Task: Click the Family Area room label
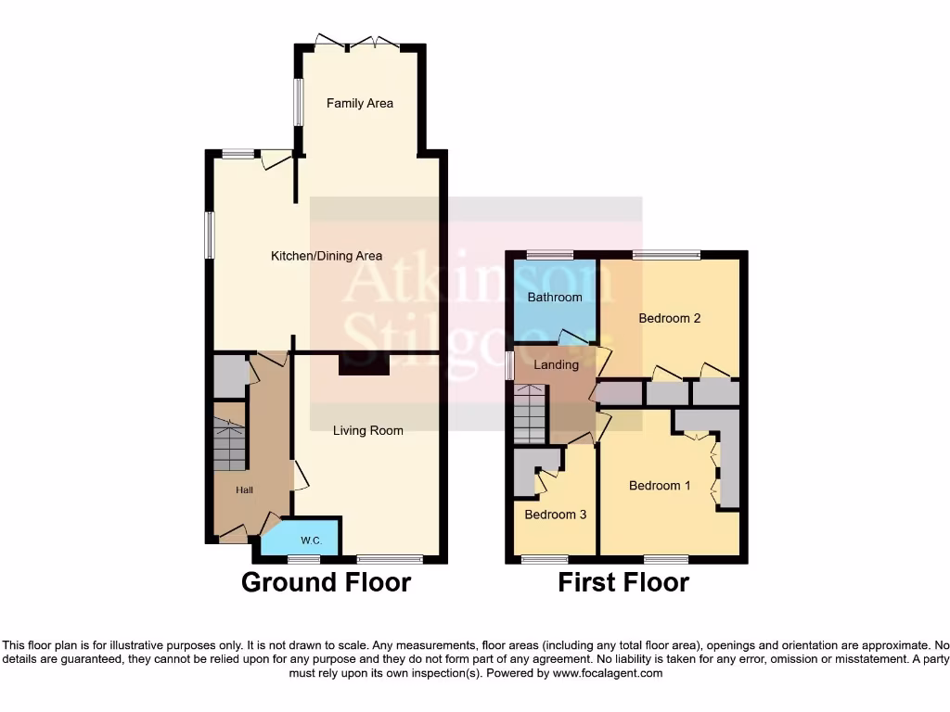359,103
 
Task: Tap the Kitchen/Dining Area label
326,256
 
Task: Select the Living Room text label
368,430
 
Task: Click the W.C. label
310,540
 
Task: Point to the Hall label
244,490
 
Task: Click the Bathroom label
555,298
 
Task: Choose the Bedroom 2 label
669,318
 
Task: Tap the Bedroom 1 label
660,486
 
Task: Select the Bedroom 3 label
555,515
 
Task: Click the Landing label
556,364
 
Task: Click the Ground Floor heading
326,582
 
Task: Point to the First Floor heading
623,582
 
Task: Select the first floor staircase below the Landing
530,414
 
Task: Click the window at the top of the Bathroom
549,254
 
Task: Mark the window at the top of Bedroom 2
667,254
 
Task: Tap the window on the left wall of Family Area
299,101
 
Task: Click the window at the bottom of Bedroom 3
545,559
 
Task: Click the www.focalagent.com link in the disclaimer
607,673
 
